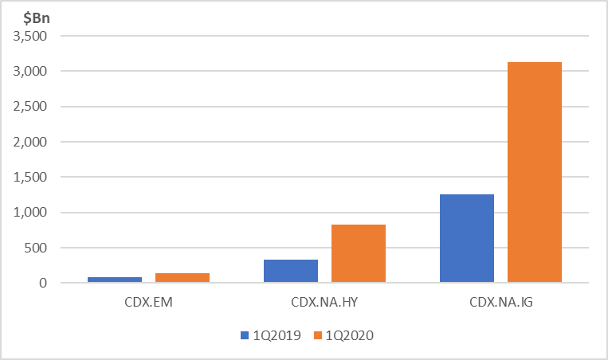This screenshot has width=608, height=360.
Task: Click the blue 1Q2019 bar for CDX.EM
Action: click(115, 280)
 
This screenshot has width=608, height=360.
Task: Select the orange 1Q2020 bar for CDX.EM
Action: click(182, 277)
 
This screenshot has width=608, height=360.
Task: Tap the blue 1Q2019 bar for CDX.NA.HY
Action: click(291, 271)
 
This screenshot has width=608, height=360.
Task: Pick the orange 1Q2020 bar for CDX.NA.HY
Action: click(359, 253)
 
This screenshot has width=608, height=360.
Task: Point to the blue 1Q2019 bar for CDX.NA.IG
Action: click(467, 238)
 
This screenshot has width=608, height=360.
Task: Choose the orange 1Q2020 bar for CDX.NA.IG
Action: click(535, 172)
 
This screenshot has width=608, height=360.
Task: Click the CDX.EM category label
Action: click(148, 302)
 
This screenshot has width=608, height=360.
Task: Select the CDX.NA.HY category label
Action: click(324, 302)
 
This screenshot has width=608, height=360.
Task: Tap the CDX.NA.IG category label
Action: click(501, 302)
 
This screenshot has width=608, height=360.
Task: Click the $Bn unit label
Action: click(37, 18)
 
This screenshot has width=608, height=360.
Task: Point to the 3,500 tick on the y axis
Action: click(29, 36)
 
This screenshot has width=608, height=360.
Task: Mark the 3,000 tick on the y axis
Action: click(29, 72)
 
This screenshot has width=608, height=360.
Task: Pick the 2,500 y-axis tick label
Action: click(29, 107)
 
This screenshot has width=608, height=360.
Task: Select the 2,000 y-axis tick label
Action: click(29, 142)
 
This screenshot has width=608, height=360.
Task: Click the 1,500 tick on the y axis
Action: click(29, 177)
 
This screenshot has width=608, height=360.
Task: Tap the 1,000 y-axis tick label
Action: click(29, 213)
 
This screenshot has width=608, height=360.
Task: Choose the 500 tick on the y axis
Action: click(35, 248)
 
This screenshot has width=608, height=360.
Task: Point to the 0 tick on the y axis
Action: click(43, 283)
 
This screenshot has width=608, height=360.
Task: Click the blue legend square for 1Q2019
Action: click(245, 335)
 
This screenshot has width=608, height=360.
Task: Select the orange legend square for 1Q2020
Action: click(318, 335)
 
